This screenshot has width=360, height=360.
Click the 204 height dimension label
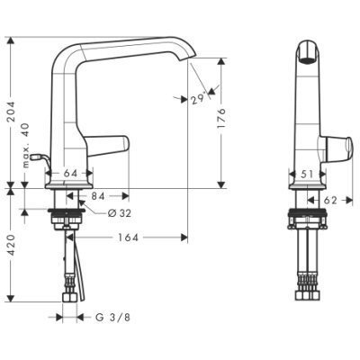coord(11,112)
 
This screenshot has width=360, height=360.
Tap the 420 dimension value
coord(11,245)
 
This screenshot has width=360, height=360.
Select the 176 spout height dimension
coord(220,119)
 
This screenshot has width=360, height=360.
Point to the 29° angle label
coord(198,98)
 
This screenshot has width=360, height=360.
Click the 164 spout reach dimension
coord(128,238)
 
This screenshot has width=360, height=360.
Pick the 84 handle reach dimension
coord(98,196)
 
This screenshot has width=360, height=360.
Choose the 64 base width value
coord(70,173)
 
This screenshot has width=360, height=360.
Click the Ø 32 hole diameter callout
coord(120,213)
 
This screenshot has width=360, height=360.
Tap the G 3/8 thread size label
coord(112,318)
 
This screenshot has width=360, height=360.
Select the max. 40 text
coord(26,145)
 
